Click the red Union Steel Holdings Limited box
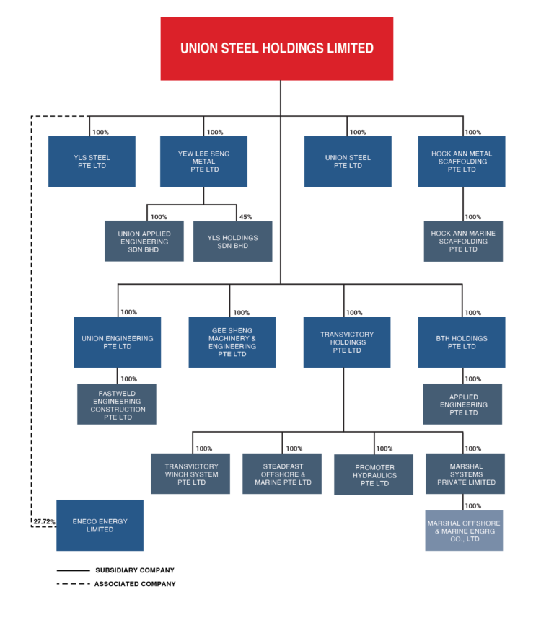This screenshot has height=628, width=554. coord(277,48)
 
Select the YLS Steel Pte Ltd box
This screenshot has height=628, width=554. coord(92,162)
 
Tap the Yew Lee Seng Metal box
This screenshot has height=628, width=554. coord(203,162)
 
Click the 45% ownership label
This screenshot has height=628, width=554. coord(245,217)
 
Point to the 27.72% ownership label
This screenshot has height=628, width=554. coord(44,521)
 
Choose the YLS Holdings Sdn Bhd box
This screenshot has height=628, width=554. coord(233,242)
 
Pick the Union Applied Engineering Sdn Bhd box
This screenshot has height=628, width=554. coord(144,241)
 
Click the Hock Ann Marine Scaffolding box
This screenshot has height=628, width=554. coord(463,242)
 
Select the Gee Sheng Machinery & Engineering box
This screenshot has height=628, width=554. coord(232,342)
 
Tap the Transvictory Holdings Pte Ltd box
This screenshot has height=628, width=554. coord(347,342)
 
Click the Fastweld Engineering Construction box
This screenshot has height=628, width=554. coord(117,404)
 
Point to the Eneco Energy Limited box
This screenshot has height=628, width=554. coord(100,526)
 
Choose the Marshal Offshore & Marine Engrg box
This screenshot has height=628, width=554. coord(464,531)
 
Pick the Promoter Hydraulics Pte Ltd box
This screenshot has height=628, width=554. coord(374,474)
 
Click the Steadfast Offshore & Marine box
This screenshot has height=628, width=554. coord(282,474)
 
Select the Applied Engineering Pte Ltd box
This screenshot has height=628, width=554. coord(462,404)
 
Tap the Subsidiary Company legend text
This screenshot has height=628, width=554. coord(135,570)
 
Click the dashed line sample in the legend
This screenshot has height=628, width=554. coord(74,584)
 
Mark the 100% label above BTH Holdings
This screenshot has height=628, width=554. coord(473,313)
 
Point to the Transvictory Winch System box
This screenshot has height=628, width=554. coord(190,474)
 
